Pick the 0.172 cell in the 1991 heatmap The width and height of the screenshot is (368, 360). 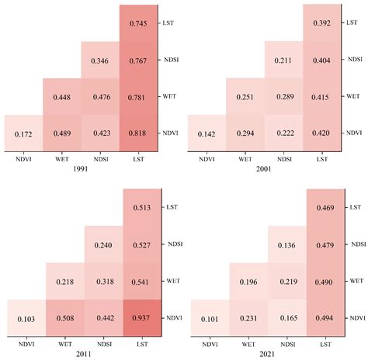coord(23,132)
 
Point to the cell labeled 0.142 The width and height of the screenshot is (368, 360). coord(208,133)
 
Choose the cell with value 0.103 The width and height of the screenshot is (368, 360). coord(23,319)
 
